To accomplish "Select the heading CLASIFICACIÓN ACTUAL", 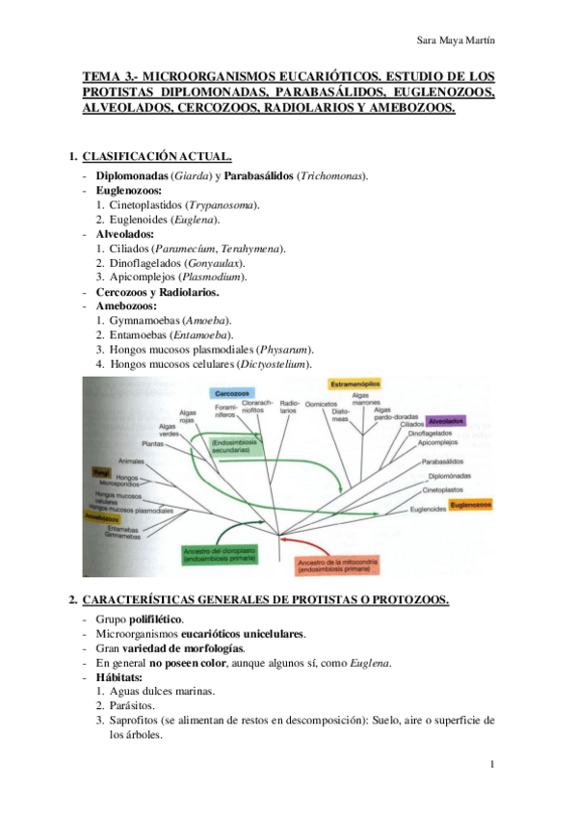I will (x=156, y=156).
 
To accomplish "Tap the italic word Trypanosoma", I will (x=222, y=205).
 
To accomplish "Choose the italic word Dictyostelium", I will (x=299, y=364).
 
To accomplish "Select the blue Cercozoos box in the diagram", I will (x=233, y=394).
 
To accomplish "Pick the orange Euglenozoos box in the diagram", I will (x=472, y=505).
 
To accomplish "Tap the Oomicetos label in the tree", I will (x=321, y=405).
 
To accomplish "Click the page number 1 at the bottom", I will (x=492, y=765).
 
